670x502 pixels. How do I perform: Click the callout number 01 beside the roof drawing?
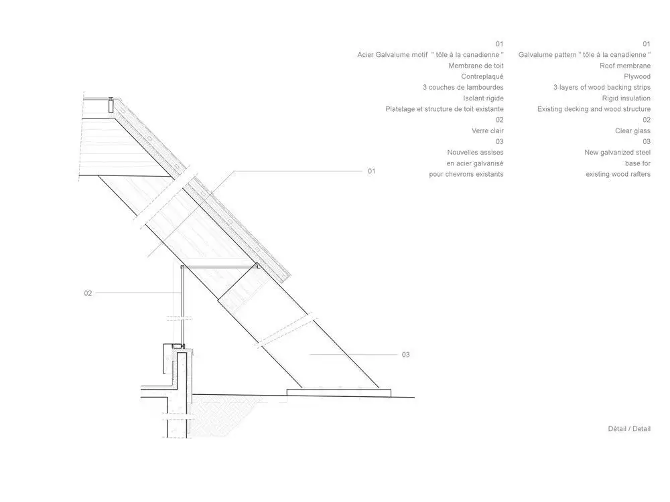coord(371,171)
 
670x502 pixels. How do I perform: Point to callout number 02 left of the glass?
coord(88,293)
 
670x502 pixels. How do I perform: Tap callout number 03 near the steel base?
coord(405,355)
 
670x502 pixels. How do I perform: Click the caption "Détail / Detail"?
coord(629,429)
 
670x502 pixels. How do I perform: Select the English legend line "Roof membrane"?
coord(625,66)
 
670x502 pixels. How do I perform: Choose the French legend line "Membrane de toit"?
coord(476,66)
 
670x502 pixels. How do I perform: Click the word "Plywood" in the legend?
coord(637,77)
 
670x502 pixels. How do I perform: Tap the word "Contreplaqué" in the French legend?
coord(482,77)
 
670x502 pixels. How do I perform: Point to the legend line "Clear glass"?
coord(633,131)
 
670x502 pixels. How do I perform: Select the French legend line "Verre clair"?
coord(488,131)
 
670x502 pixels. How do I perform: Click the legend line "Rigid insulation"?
coord(626,98)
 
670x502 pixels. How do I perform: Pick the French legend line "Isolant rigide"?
coord(483,98)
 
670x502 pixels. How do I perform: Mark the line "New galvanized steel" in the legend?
coord(618,153)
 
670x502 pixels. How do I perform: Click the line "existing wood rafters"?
coord(618,174)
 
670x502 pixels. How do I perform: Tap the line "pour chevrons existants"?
coord(466,174)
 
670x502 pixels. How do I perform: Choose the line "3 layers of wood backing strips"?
coord(602,88)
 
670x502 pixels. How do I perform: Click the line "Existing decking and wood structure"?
coord(594,109)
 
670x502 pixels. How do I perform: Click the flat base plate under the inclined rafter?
coord(339,393)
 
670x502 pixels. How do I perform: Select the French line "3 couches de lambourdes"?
coord(463,88)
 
